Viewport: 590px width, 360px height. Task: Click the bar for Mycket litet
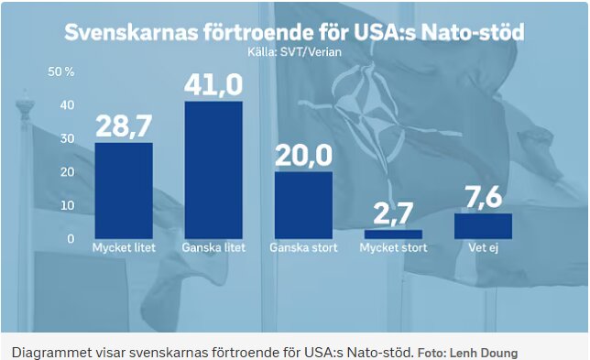tap(124, 191)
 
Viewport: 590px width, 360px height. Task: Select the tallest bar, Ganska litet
tap(213, 169)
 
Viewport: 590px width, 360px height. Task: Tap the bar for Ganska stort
tap(303, 205)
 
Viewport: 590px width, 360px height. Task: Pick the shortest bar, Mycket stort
tap(393, 235)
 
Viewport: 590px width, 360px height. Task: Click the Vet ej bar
tap(483, 226)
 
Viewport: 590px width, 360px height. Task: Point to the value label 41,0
tap(213, 85)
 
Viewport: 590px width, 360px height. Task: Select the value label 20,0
tap(303, 157)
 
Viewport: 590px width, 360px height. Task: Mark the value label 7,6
tap(483, 198)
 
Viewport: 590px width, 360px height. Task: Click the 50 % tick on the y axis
tap(60, 71)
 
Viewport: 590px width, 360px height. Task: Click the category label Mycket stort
tap(393, 248)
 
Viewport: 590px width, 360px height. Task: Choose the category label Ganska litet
tap(213, 248)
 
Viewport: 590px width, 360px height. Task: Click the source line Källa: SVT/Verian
tap(294, 53)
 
